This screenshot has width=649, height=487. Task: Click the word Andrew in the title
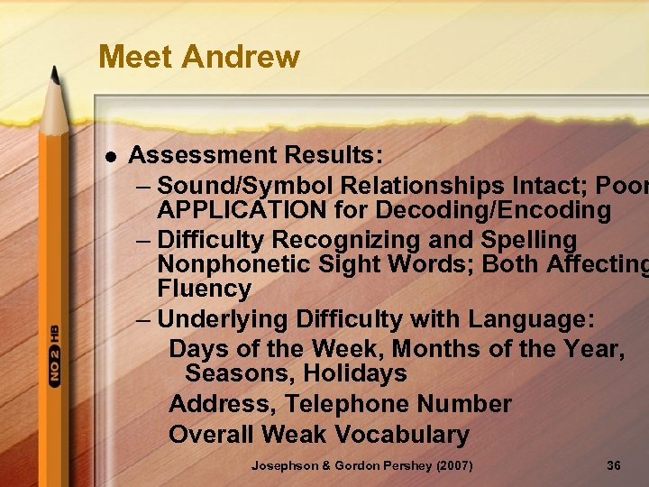pos(241,57)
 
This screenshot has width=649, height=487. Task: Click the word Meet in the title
pos(136,57)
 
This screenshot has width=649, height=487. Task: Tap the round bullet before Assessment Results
pos(110,156)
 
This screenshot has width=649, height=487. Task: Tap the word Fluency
pos(204,289)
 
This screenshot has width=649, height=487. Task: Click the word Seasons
pos(240,373)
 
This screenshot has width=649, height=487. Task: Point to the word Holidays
pos(355,373)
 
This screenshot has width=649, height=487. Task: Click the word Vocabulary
pos(402,434)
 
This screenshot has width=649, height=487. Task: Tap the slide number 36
pos(614,466)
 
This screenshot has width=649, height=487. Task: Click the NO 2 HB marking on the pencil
pos(54,356)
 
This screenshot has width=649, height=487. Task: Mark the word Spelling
pos(530,240)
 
